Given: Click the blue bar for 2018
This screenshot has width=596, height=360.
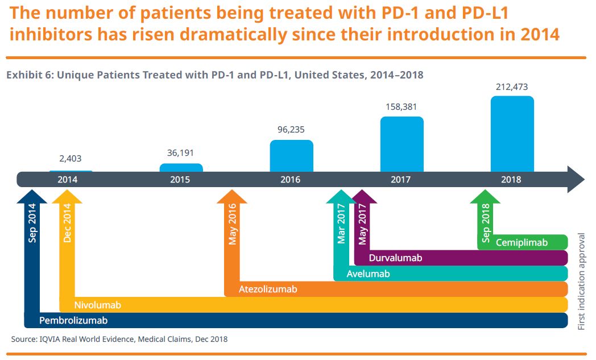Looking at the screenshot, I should [x=512, y=134].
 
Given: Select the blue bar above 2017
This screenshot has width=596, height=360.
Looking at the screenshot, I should [x=402, y=144].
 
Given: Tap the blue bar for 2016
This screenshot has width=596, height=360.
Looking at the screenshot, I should [x=291, y=155].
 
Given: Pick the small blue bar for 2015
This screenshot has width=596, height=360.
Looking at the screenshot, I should [x=181, y=168].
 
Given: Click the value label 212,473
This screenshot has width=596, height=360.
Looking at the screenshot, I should [x=512, y=88].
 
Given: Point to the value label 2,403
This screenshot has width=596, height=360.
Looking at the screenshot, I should [x=71, y=159].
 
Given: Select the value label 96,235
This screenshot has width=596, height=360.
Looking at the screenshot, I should [x=291, y=130].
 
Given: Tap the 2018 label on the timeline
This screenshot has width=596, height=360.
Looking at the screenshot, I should [x=511, y=180].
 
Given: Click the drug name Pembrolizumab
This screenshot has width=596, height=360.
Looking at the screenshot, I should [x=73, y=320].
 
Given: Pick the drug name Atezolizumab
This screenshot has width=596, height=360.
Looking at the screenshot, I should [x=268, y=289].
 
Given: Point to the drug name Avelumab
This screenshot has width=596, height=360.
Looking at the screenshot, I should [x=369, y=274].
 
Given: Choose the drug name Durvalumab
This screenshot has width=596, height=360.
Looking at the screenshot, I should [x=395, y=258].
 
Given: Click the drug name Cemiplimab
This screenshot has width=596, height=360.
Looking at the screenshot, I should [x=521, y=243].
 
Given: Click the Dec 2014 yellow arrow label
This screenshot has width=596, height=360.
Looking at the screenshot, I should [x=67, y=223].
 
